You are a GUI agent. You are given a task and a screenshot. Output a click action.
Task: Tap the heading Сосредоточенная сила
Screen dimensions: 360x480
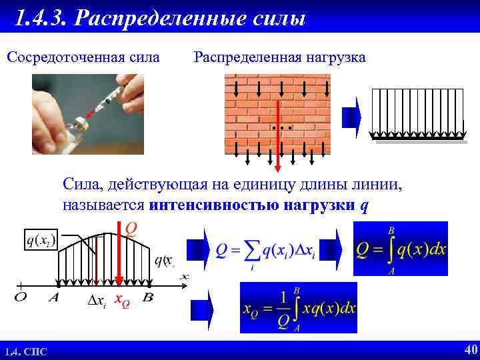pos(83,57)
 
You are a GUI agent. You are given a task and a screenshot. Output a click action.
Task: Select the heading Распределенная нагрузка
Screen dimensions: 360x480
pos(279,57)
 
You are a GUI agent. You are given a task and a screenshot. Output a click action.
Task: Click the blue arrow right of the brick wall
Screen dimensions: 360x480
pos(351,115)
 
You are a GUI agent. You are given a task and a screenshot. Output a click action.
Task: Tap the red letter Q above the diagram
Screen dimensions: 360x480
pos(131,229)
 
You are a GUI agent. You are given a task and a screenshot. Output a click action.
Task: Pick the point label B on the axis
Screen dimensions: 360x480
pos(148,298)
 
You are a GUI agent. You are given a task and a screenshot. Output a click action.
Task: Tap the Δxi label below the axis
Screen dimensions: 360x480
pos(96,301)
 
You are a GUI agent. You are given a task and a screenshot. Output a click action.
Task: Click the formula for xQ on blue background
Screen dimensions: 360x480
pos(298,307)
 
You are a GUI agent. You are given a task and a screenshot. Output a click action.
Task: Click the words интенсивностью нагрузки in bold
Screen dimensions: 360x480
pos(253,205)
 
